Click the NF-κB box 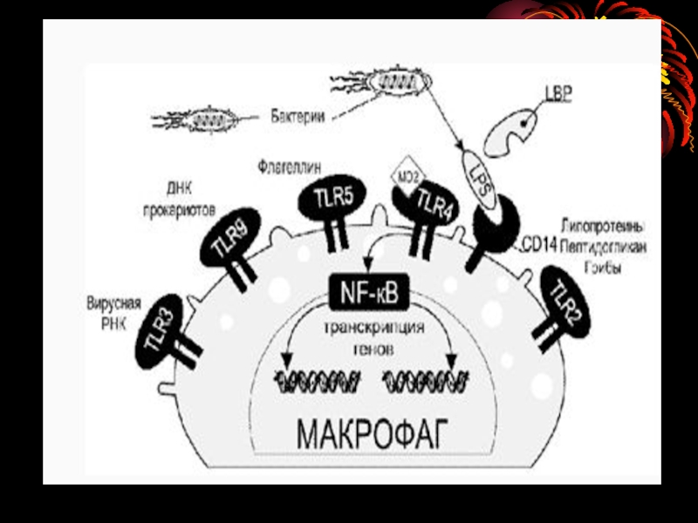click(x=367, y=295)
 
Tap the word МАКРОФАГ click(x=371, y=431)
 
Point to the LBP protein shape click(x=519, y=127)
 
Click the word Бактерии click(x=298, y=116)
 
